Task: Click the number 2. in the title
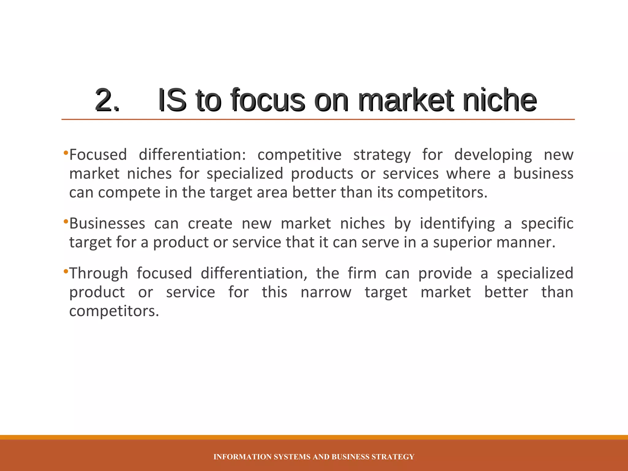coord(107,100)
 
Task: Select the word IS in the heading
coord(172,100)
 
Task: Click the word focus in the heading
coord(267,100)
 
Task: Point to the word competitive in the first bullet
coord(299,155)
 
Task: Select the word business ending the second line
coord(543,174)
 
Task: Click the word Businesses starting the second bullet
coord(107,224)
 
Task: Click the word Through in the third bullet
coord(98,273)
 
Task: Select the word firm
coord(362,273)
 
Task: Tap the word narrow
coord(326,292)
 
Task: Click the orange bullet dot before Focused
coord(65,153)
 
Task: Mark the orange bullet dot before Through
coord(65,271)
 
